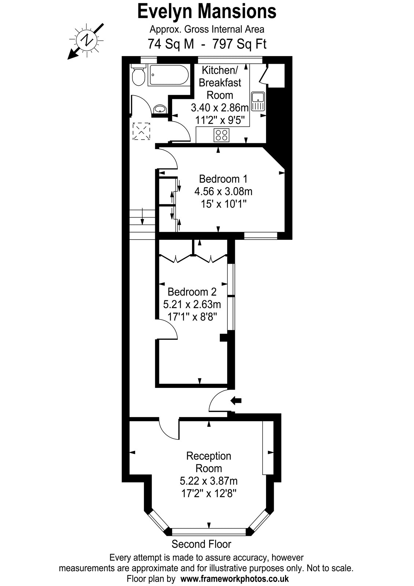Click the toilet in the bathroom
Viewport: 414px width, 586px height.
(138, 75)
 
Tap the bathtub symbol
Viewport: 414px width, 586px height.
(169, 75)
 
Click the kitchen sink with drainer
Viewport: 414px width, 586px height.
(258, 101)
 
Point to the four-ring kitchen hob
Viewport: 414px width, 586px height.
(221, 135)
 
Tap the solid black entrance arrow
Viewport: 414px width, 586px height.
(236, 400)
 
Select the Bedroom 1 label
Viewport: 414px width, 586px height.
(223, 179)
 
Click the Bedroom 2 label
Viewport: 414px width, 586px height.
(192, 292)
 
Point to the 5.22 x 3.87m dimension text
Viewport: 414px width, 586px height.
(208, 481)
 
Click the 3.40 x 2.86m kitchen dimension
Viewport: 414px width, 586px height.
(220, 108)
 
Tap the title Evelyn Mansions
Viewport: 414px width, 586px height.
(207, 11)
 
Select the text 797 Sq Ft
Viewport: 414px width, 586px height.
(240, 44)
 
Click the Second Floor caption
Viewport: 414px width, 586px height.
(201, 544)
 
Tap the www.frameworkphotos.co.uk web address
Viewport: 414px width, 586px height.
(235, 578)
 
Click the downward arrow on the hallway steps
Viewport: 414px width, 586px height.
(143, 216)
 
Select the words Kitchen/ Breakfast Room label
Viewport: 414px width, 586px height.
(220, 83)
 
